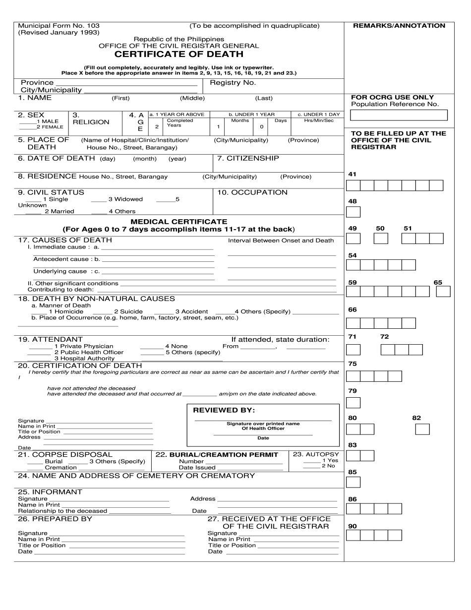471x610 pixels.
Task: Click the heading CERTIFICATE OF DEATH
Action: point(179,54)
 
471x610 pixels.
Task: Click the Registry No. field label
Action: point(233,83)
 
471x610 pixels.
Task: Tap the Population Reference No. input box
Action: point(399,115)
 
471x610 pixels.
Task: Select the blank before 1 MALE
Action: point(27,122)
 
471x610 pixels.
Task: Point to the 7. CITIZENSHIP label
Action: point(252,158)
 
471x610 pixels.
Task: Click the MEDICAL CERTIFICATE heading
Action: point(178,222)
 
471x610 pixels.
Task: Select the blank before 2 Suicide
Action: point(103,312)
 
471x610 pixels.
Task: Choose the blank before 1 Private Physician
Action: point(40,347)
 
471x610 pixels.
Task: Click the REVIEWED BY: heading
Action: point(224,411)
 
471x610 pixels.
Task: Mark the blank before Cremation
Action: point(35,468)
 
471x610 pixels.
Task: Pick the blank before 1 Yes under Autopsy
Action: point(311,461)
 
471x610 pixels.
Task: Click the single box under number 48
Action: point(353,212)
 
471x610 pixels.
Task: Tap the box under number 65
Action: point(443,292)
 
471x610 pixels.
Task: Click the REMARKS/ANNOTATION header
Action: point(399,26)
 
